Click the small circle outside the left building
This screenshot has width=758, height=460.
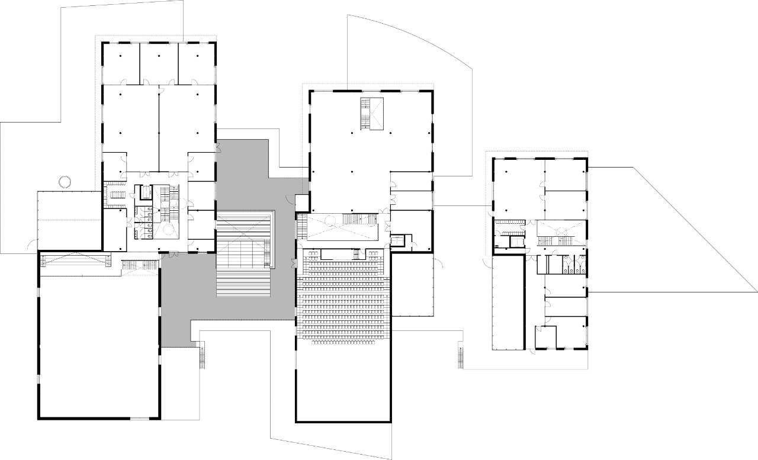click(65, 181)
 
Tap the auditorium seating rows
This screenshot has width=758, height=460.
click(343, 302)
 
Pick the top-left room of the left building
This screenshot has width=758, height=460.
click(121, 63)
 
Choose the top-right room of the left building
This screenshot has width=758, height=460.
click(197, 63)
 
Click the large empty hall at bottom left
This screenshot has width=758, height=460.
click(98, 349)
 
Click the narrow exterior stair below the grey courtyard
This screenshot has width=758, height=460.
click(203, 356)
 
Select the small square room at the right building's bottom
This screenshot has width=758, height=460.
click(545, 337)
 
